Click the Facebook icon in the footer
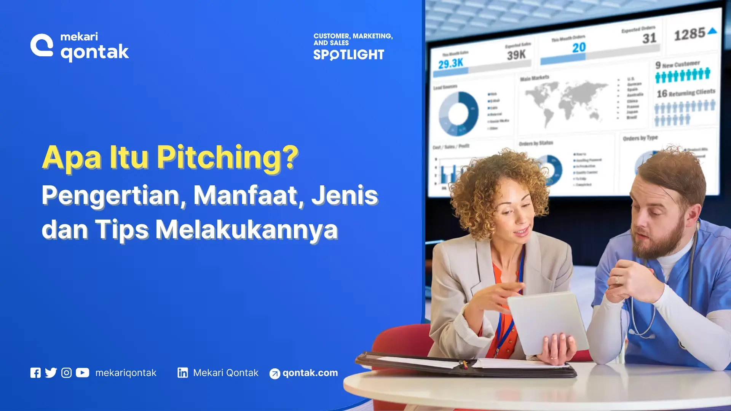pos(35,373)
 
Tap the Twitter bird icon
pos(51,373)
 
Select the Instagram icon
pos(66,373)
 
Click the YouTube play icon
pos(82,373)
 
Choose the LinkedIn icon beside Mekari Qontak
pos(183,373)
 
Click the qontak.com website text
pos(310,373)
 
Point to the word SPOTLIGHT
pos(349,55)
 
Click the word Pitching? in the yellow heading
pos(228,157)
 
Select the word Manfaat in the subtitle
pos(246,195)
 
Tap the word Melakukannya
pos(247,230)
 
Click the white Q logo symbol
pos(42,45)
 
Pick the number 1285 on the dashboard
pos(690,34)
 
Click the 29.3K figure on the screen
pos(450,63)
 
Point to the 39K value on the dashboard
pos(516,55)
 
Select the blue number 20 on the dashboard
pos(579,48)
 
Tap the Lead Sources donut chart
pos(459,113)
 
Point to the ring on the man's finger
pos(617,280)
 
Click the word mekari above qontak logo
pos(79,37)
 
